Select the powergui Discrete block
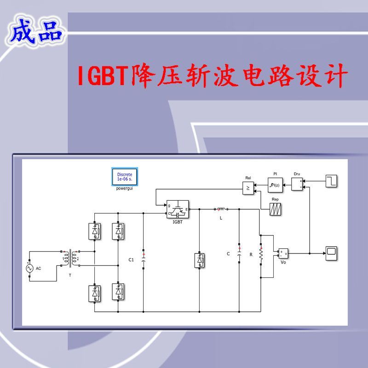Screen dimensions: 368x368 click(x=124, y=177)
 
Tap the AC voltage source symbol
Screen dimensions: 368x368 click(x=30, y=268)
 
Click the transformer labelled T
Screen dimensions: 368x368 click(x=70, y=259)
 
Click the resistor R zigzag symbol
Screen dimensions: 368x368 click(x=261, y=254)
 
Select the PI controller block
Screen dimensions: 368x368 click(x=275, y=185)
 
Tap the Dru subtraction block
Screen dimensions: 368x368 click(x=297, y=184)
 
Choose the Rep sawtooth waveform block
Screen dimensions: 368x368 click(x=276, y=209)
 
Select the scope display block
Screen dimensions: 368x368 click(x=331, y=253)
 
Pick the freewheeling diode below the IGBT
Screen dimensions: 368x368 click(x=199, y=260)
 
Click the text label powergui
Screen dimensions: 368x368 click(x=124, y=189)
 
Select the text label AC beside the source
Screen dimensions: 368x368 click(x=38, y=268)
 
